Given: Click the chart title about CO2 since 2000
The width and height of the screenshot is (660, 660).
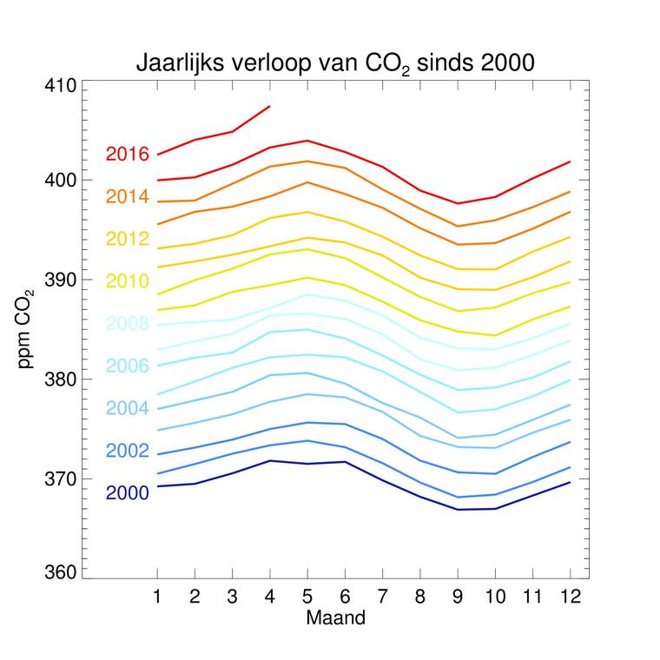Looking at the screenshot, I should (334, 63).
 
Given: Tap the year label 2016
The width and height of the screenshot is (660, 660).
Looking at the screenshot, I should (128, 154).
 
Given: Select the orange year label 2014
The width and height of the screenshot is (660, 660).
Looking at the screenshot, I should (128, 196).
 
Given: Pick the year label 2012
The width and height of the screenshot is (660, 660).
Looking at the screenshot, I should (128, 239).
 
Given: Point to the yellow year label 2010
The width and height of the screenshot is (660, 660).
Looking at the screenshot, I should (128, 281).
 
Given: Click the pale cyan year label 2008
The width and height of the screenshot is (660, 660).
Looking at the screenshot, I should (128, 324).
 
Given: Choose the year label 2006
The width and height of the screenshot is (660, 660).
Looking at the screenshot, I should (128, 366).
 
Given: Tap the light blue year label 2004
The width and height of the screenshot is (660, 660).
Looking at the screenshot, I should (128, 408).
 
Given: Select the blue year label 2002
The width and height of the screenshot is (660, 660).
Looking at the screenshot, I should (128, 451).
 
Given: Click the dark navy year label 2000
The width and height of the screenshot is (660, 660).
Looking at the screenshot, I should (128, 493).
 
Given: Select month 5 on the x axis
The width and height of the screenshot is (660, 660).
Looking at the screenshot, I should (307, 597).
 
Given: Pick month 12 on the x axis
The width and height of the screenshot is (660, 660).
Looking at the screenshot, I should (570, 597).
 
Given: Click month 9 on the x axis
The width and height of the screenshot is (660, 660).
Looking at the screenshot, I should (457, 597).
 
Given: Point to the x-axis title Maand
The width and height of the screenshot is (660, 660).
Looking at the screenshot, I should (335, 618).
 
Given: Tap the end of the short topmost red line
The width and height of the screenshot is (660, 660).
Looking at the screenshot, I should (270, 106).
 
